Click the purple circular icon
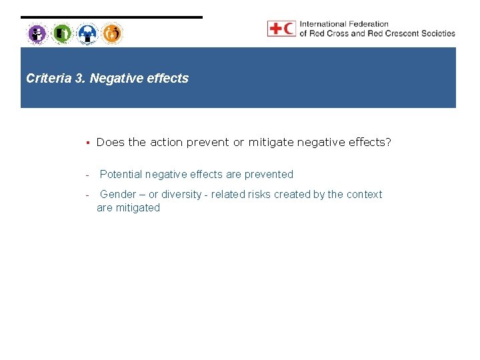pyautogui.click(x=37, y=33)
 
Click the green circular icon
pyautogui.click(x=62, y=33)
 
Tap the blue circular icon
pyautogui.click(x=87, y=33)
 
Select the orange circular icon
pyautogui.click(x=112, y=33)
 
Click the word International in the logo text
pyautogui.click(x=324, y=25)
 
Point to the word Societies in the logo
pyautogui.click(x=437, y=33)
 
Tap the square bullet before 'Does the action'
pyautogui.click(x=87, y=142)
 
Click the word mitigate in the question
pyautogui.click(x=272, y=142)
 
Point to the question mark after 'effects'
pyautogui.click(x=388, y=142)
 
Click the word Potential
pyautogui.click(x=121, y=175)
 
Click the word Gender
pyautogui.click(x=118, y=195)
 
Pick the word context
pyautogui.click(x=364, y=195)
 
